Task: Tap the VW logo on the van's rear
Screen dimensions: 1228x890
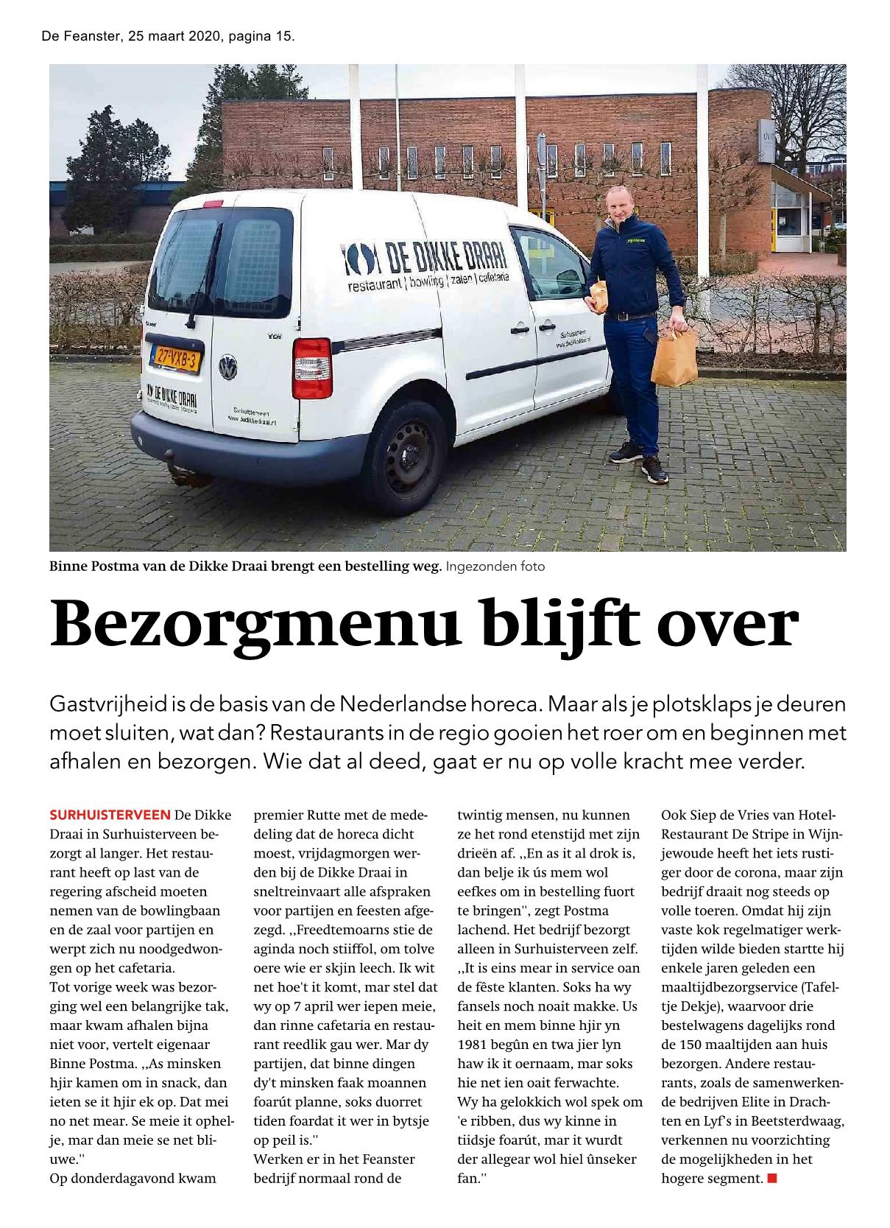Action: pos(229,366)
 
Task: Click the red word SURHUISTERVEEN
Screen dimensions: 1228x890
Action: pos(110,815)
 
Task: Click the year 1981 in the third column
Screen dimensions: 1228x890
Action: pos(475,1045)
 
